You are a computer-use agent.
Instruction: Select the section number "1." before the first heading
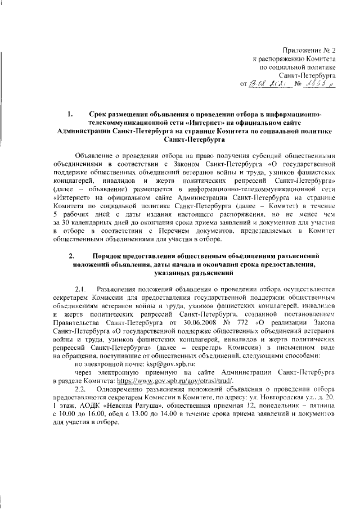coord(71,115)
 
